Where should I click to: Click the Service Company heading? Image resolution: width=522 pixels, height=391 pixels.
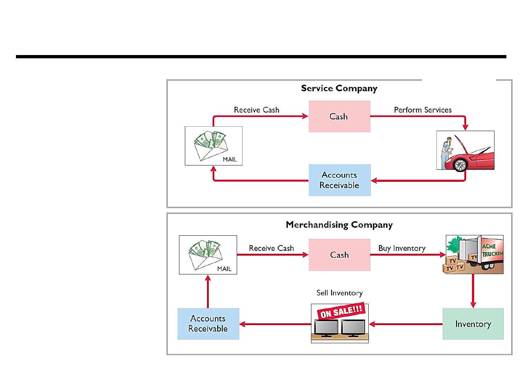click(339, 88)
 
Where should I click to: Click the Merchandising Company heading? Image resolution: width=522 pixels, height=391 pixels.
click(339, 224)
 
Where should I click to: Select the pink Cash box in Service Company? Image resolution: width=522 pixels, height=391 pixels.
click(339, 116)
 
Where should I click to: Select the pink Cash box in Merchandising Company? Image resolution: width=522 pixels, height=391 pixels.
click(339, 255)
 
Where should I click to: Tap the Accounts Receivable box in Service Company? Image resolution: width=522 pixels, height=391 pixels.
click(340, 180)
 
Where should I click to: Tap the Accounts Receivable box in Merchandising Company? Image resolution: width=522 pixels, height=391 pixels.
click(208, 324)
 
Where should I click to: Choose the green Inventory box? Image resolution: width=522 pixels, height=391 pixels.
click(473, 324)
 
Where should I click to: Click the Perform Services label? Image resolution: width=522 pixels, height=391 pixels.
click(423, 110)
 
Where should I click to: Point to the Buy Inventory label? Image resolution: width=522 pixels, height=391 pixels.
click(402, 248)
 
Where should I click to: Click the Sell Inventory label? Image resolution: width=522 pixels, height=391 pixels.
click(339, 293)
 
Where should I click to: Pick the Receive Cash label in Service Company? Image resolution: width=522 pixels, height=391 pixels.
click(257, 110)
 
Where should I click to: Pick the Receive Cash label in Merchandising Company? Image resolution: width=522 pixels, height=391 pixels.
click(272, 248)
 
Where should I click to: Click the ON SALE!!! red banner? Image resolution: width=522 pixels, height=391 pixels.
click(341, 311)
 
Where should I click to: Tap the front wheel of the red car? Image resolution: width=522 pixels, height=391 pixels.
click(460, 164)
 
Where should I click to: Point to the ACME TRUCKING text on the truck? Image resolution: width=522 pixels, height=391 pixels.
click(492, 250)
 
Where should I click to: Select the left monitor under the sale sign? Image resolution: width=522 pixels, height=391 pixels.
click(326, 328)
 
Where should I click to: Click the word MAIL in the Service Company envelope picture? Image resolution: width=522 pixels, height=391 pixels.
click(230, 159)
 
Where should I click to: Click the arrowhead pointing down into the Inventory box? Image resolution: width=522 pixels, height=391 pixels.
click(473, 305)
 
